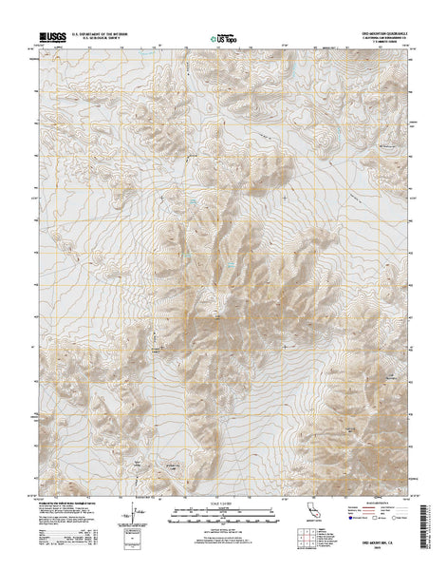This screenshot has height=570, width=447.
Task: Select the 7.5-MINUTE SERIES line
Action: point(393,45)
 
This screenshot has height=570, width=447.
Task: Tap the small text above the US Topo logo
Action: point(223,33)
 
